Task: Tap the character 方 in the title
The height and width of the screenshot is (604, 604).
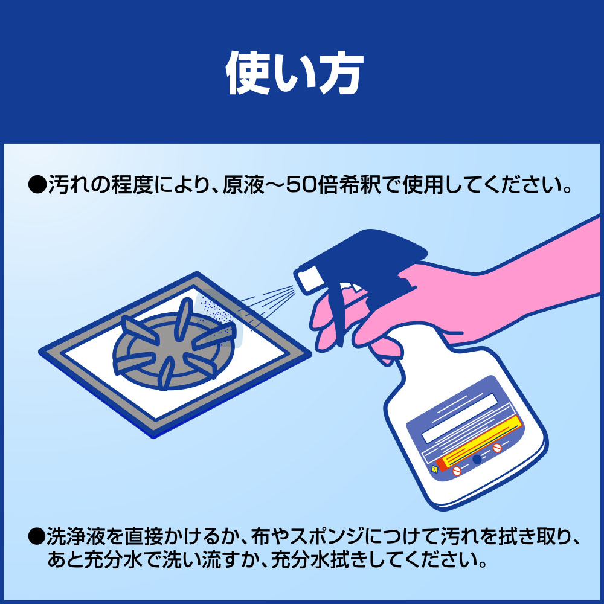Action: point(340,72)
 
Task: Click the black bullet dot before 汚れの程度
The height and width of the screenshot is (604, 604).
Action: point(37,185)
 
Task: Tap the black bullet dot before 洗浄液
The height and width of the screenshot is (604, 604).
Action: point(37,536)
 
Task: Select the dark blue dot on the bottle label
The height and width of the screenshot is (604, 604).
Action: point(477,459)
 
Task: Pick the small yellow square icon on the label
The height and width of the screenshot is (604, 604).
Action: point(435,469)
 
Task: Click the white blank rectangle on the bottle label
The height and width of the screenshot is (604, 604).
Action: point(460,418)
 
